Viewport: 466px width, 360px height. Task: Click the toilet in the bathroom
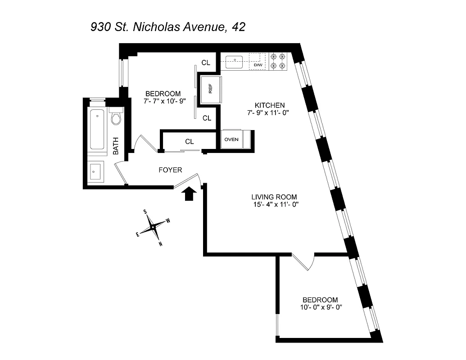(x=116, y=117)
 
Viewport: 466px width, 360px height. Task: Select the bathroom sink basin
(x=95, y=171)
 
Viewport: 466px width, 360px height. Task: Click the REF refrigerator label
(x=210, y=89)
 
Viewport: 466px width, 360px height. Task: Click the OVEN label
(x=231, y=139)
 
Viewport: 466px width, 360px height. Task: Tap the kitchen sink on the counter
(x=235, y=61)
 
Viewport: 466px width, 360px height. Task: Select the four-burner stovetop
(x=278, y=61)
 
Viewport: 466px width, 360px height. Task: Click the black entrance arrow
(x=190, y=193)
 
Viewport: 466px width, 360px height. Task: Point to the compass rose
(x=153, y=227)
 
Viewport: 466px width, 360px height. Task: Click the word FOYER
(x=170, y=170)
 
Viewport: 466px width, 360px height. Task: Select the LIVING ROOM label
(x=274, y=197)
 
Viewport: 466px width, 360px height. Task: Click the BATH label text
(x=116, y=146)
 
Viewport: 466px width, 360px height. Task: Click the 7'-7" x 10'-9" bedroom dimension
(x=159, y=101)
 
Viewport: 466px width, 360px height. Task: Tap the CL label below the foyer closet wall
(x=190, y=142)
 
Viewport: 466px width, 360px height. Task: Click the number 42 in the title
(x=238, y=27)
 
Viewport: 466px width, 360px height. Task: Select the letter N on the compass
(x=160, y=244)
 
